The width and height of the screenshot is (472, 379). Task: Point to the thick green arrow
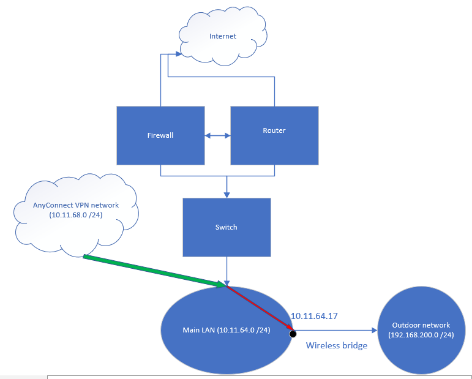[x=153, y=271]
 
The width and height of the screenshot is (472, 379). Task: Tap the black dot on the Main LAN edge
[x=293, y=334]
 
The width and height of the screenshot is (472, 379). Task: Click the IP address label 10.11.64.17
[x=314, y=316]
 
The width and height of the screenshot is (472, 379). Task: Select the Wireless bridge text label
[x=337, y=345]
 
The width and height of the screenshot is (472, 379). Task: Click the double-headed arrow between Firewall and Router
[x=217, y=135]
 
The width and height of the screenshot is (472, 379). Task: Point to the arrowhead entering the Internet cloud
[x=178, y=54]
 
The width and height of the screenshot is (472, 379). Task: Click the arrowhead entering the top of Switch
[x=227, y=195]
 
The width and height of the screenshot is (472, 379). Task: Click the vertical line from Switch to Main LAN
[x=227, y=269]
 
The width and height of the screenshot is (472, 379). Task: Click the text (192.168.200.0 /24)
[x=421, y=335]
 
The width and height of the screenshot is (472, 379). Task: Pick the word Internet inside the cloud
[x=222, y=36]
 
